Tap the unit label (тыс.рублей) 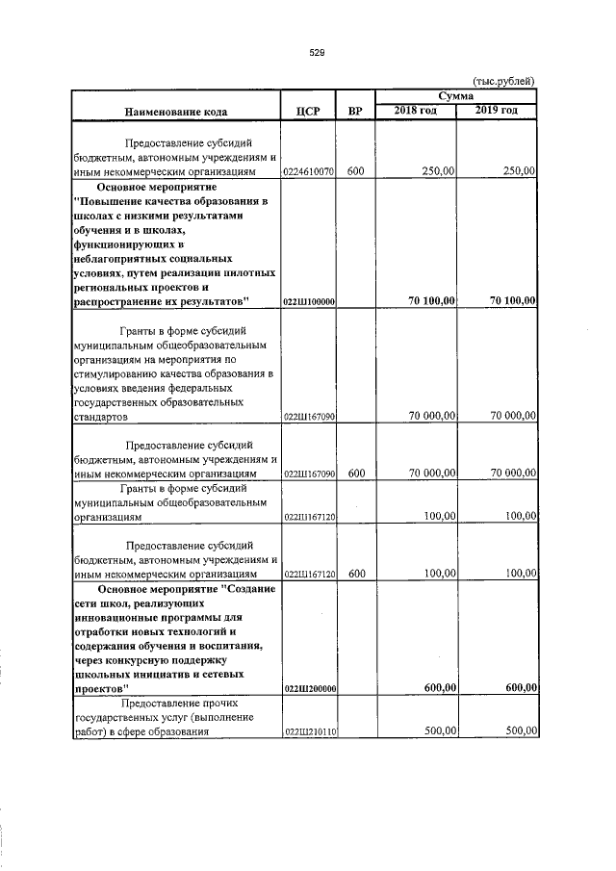[503, 82]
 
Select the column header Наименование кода [174, 112]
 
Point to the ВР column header [356, 112]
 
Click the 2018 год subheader [416, 111]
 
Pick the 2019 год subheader [497, 111]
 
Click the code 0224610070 [308, 172]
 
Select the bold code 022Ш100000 [308, 302]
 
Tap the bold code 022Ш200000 [308, 690]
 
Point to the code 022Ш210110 [308, 731]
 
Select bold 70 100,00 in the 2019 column [506, 301]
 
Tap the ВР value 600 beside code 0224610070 [356, 171]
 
